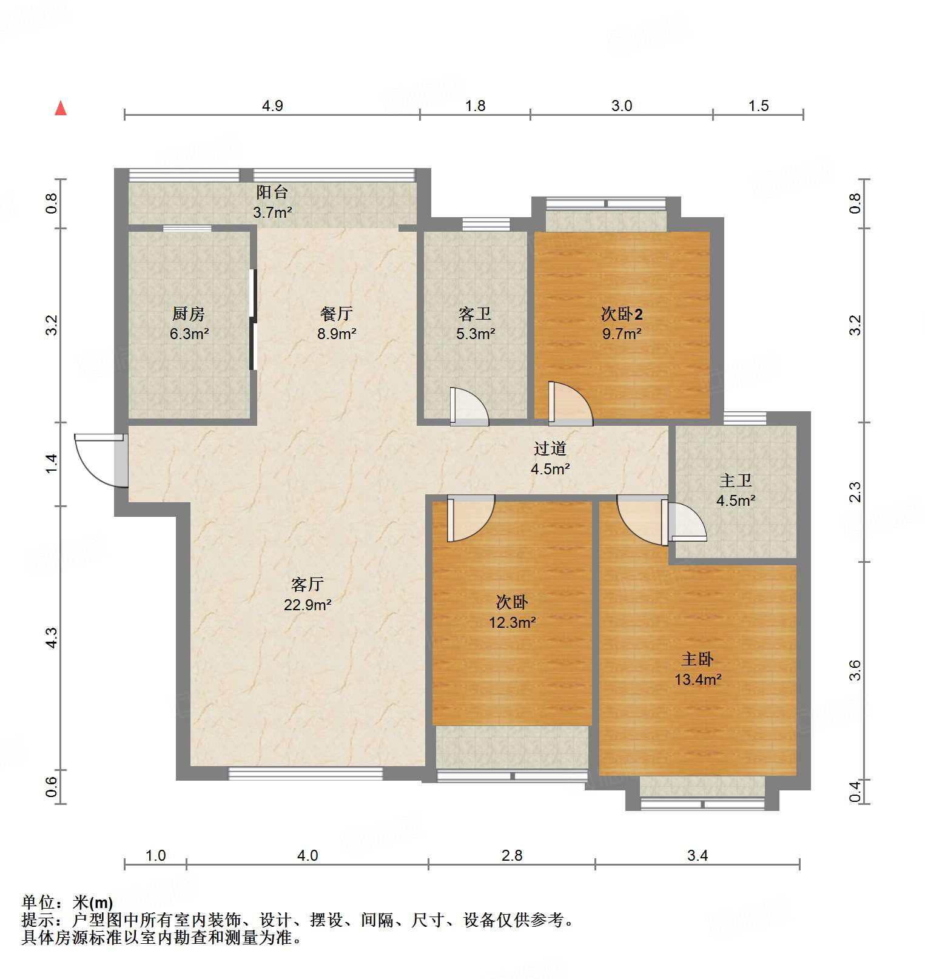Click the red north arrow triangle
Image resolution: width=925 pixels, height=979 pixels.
click(x=61, y=109)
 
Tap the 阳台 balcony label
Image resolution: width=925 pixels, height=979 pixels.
click(x=272, y=192)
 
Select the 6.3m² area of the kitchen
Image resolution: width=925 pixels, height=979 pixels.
click(x=189, y=334)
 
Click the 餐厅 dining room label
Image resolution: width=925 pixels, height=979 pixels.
click(x=336, y=314)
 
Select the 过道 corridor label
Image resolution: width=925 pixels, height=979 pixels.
click(x=550, y=448)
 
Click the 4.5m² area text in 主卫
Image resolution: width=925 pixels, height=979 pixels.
click(x=735, y=500)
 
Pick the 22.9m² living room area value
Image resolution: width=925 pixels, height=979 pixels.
click(x=308, y=605)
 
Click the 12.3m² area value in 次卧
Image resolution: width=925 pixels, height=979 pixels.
click(x=512, y=622)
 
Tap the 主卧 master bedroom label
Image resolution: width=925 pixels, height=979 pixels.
click(x=698, y=659)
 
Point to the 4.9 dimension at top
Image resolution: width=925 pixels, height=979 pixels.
click(x=272, y=106)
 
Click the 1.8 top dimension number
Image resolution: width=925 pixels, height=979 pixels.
click(x=475, y=106)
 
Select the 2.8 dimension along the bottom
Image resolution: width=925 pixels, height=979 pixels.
click(x=511, y=855)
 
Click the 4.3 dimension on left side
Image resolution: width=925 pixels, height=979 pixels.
click(x=52, y=638)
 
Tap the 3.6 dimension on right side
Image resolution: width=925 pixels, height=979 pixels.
click(x=855, y=670)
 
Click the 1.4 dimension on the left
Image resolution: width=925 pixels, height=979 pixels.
click(x=52, y=463)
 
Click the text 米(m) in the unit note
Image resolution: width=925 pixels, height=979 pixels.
click(x=93, y=902)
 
